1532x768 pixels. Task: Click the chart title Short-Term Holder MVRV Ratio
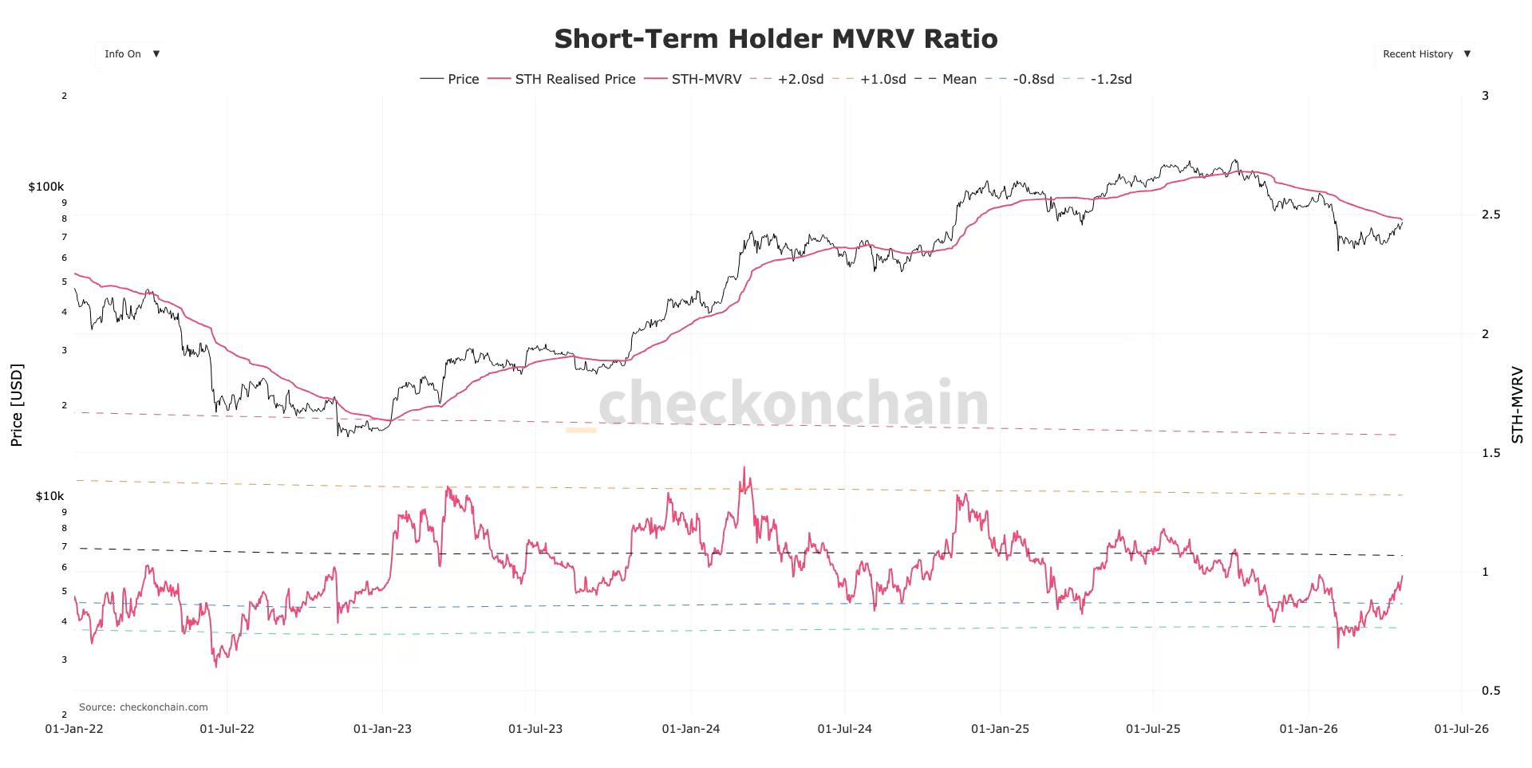pyautogui.click(x=776, y=39)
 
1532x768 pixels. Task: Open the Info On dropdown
pyautogui.click(x=131, y=54)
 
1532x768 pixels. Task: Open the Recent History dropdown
pyautogui.click(x=1425, y=54)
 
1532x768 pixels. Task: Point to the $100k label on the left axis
pyautogui.click(x=46, y=187)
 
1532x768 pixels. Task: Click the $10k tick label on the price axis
pyautogui.click(x=49, y=496)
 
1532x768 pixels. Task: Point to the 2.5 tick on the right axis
pyautogui.click(x=1491, y=215)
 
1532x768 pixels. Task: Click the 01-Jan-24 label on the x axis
pyautogui.click(x=691, y=729)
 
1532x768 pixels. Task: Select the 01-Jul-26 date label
pyautogui.click(x=1461, y=729)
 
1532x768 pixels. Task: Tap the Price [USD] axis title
pyautogui.click(x=17, y=405)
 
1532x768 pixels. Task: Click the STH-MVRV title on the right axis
pyautogui.click(x=1517, y=405)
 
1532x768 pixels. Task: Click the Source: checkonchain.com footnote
pyautogui.click(x=144, y=707)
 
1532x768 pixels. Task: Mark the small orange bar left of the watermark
pyautogui.click(x=581, y=431)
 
